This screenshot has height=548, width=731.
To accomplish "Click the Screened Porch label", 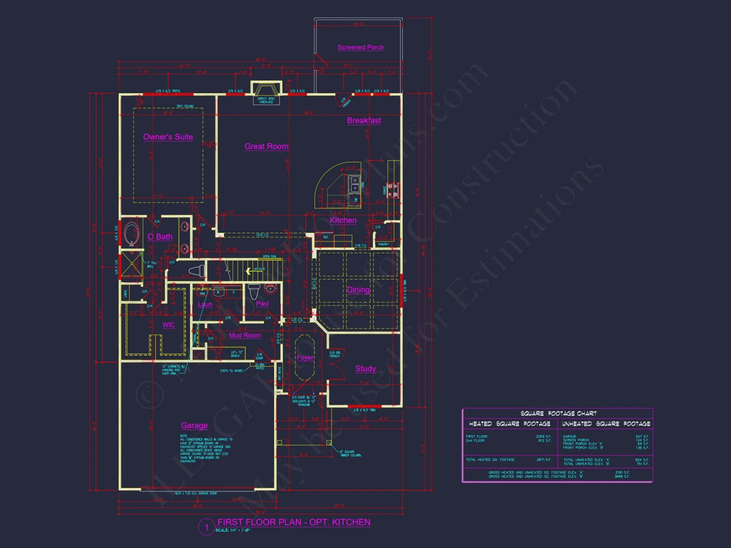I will point(360,47).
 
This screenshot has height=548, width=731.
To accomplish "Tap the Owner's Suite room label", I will point(168,137).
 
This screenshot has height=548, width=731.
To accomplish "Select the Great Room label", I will point(266,146).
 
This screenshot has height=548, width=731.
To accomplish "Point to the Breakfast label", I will point(364,121).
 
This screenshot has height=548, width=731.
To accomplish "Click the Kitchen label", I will point(343,220).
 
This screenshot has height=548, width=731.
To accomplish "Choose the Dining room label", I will point(358,290).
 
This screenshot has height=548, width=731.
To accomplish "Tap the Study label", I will point(365,369).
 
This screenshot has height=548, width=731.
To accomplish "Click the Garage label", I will point(194,426).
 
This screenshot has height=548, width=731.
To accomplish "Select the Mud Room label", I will point(245,335).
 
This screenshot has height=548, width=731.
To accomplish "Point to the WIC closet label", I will point(168,325).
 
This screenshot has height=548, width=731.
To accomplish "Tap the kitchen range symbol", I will point(393,190).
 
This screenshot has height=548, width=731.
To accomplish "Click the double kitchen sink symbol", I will point(355,184).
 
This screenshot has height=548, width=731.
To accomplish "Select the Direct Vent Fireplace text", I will point(266,100).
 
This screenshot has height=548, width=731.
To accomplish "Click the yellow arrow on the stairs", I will point(248,271).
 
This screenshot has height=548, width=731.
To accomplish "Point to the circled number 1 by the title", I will point(207,527).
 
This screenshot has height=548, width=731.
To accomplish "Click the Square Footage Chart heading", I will point(558,414).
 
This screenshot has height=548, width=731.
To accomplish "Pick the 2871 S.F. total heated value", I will point(543,460).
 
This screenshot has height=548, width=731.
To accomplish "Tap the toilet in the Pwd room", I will point(254,291).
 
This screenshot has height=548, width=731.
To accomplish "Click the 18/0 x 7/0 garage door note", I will point(196,493).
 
